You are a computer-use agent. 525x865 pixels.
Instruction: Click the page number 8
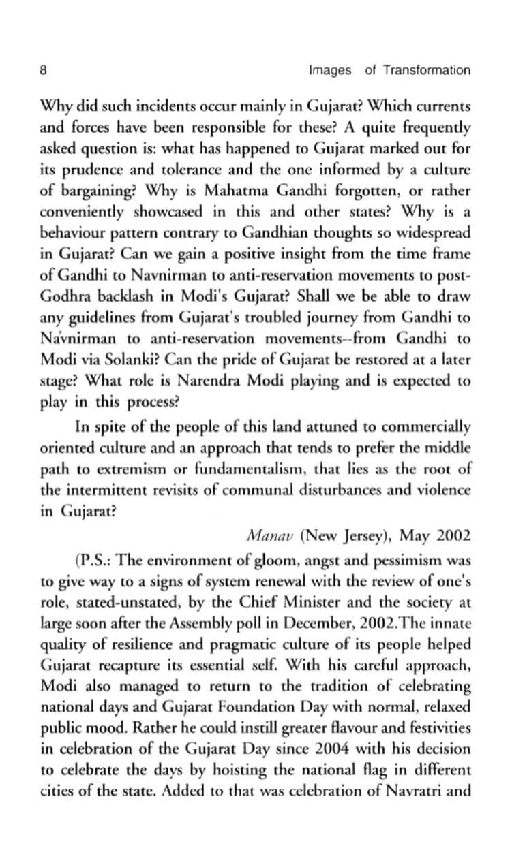pos(43,69)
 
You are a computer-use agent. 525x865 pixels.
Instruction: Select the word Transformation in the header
pos(427,69)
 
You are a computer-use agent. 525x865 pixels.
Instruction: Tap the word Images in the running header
pos(330,69)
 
